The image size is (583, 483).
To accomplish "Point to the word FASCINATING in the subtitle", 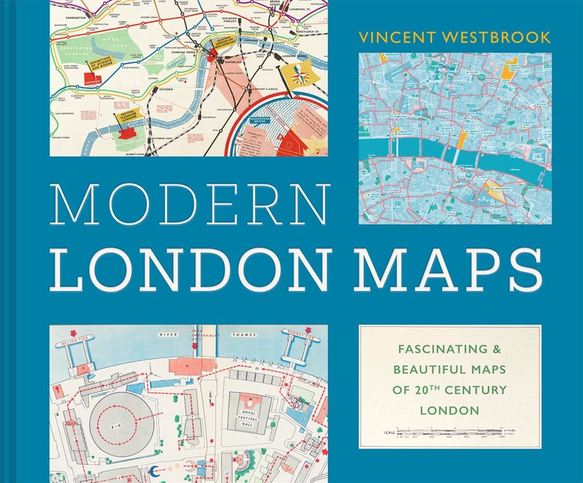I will [426, 349].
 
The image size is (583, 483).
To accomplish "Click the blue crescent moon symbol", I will [155, 471].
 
